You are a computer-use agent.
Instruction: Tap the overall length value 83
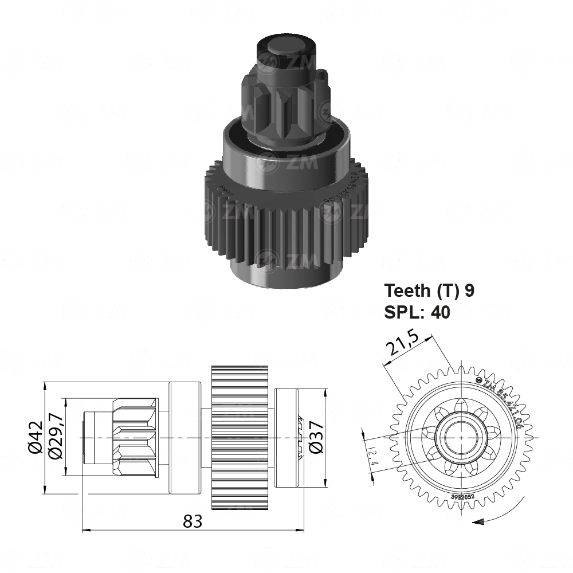(193, 521)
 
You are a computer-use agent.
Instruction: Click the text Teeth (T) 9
(429, 291)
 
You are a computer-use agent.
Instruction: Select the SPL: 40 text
(417, 312)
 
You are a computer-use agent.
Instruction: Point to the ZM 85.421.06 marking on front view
(501, 404)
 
